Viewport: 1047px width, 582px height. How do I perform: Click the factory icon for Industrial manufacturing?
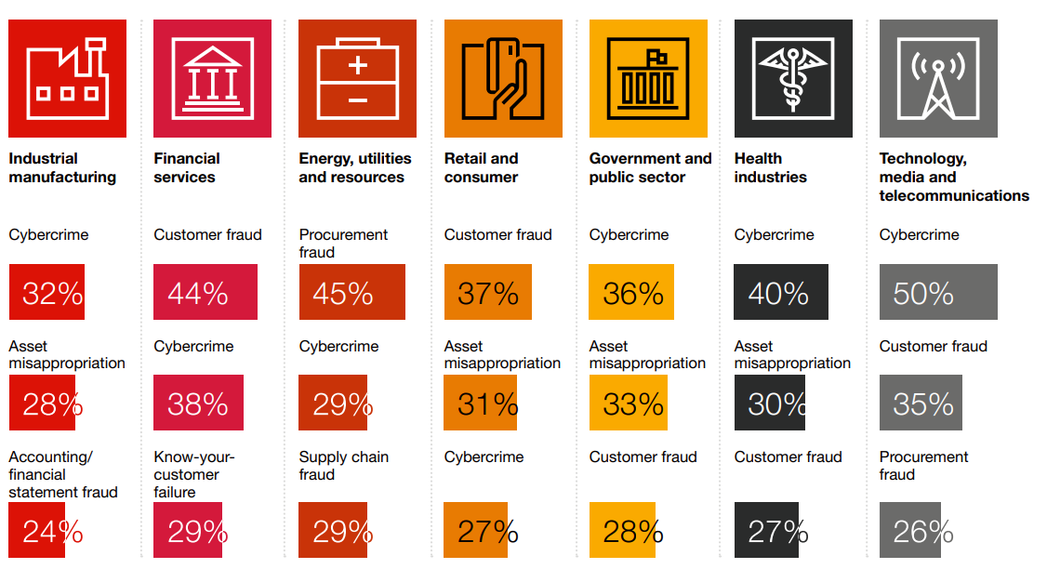(x=67, y=78)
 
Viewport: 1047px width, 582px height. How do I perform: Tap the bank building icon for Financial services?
(x=212, y=78)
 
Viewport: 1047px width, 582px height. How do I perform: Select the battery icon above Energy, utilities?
(x=357, y=78)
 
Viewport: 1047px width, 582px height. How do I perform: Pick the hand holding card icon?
(x=502, y=78)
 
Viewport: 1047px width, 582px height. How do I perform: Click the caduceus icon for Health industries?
(x=792, y=78)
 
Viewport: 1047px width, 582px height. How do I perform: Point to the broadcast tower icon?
(x=937, y=78)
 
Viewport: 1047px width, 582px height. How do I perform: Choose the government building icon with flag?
(x=648, y=78)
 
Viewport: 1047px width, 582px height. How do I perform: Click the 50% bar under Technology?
(x=937, y=292)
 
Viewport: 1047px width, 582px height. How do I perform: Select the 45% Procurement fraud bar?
(x=351, y=292)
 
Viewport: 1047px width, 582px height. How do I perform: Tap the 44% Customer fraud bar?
(x=205, y=292)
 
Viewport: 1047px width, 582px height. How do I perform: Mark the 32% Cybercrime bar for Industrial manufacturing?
(x=46, y=292)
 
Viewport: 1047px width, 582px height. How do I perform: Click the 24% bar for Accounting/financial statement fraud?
(x=37, y=530)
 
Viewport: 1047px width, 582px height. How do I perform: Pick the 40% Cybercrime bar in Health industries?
(x=780, y=292)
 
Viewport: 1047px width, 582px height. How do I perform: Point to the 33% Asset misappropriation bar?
(x=628, y=403)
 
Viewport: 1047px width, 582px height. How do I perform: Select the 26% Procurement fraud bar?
(x=910, y=530)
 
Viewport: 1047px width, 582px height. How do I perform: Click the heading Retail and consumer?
(x=481, y=168)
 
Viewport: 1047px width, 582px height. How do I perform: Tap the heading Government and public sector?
(x=649, y=168)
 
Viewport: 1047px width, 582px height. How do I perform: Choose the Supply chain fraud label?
(x=343, y=466)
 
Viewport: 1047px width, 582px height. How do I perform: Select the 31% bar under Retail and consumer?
(x=480, y=403)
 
